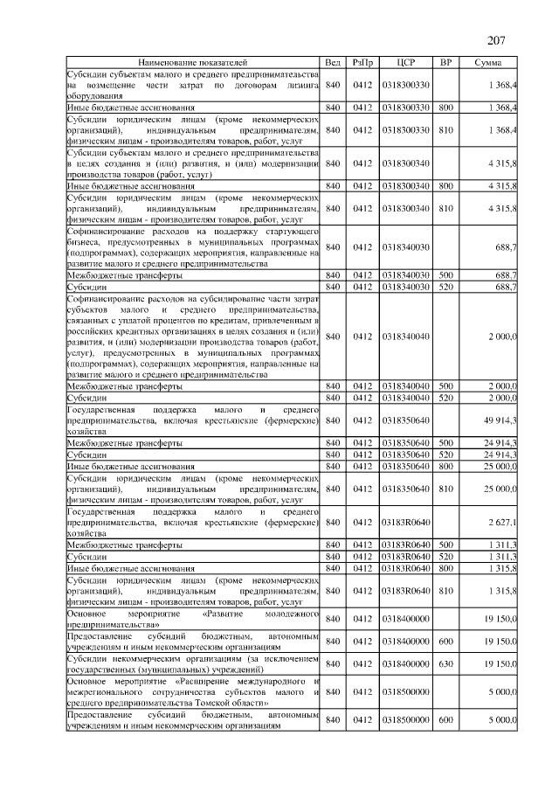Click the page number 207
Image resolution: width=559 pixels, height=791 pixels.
(x=496, y=40)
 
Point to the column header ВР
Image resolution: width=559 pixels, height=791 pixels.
(x=445, y=63)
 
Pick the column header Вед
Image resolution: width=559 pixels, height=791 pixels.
(x=333, y=63)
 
